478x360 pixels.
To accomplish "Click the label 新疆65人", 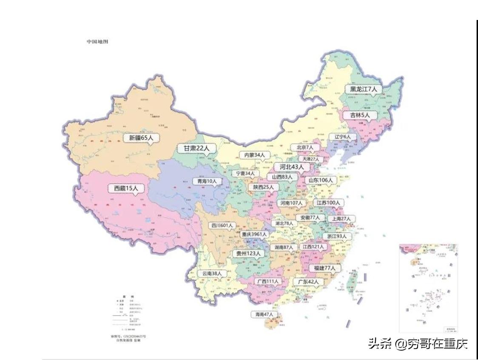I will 141,138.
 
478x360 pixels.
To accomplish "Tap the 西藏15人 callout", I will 126,188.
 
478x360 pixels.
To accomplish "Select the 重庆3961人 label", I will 253,234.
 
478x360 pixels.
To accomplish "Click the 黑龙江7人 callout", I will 363,89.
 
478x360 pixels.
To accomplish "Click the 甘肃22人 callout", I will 196,149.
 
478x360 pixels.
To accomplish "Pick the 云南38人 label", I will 212,274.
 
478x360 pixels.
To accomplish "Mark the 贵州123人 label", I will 249,253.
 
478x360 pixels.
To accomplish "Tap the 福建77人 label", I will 324,268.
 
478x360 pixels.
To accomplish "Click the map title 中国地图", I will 97,42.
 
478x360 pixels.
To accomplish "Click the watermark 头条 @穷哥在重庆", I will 418,343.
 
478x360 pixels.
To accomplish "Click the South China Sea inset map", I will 428,288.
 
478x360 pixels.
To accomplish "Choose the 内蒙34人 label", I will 254,155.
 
